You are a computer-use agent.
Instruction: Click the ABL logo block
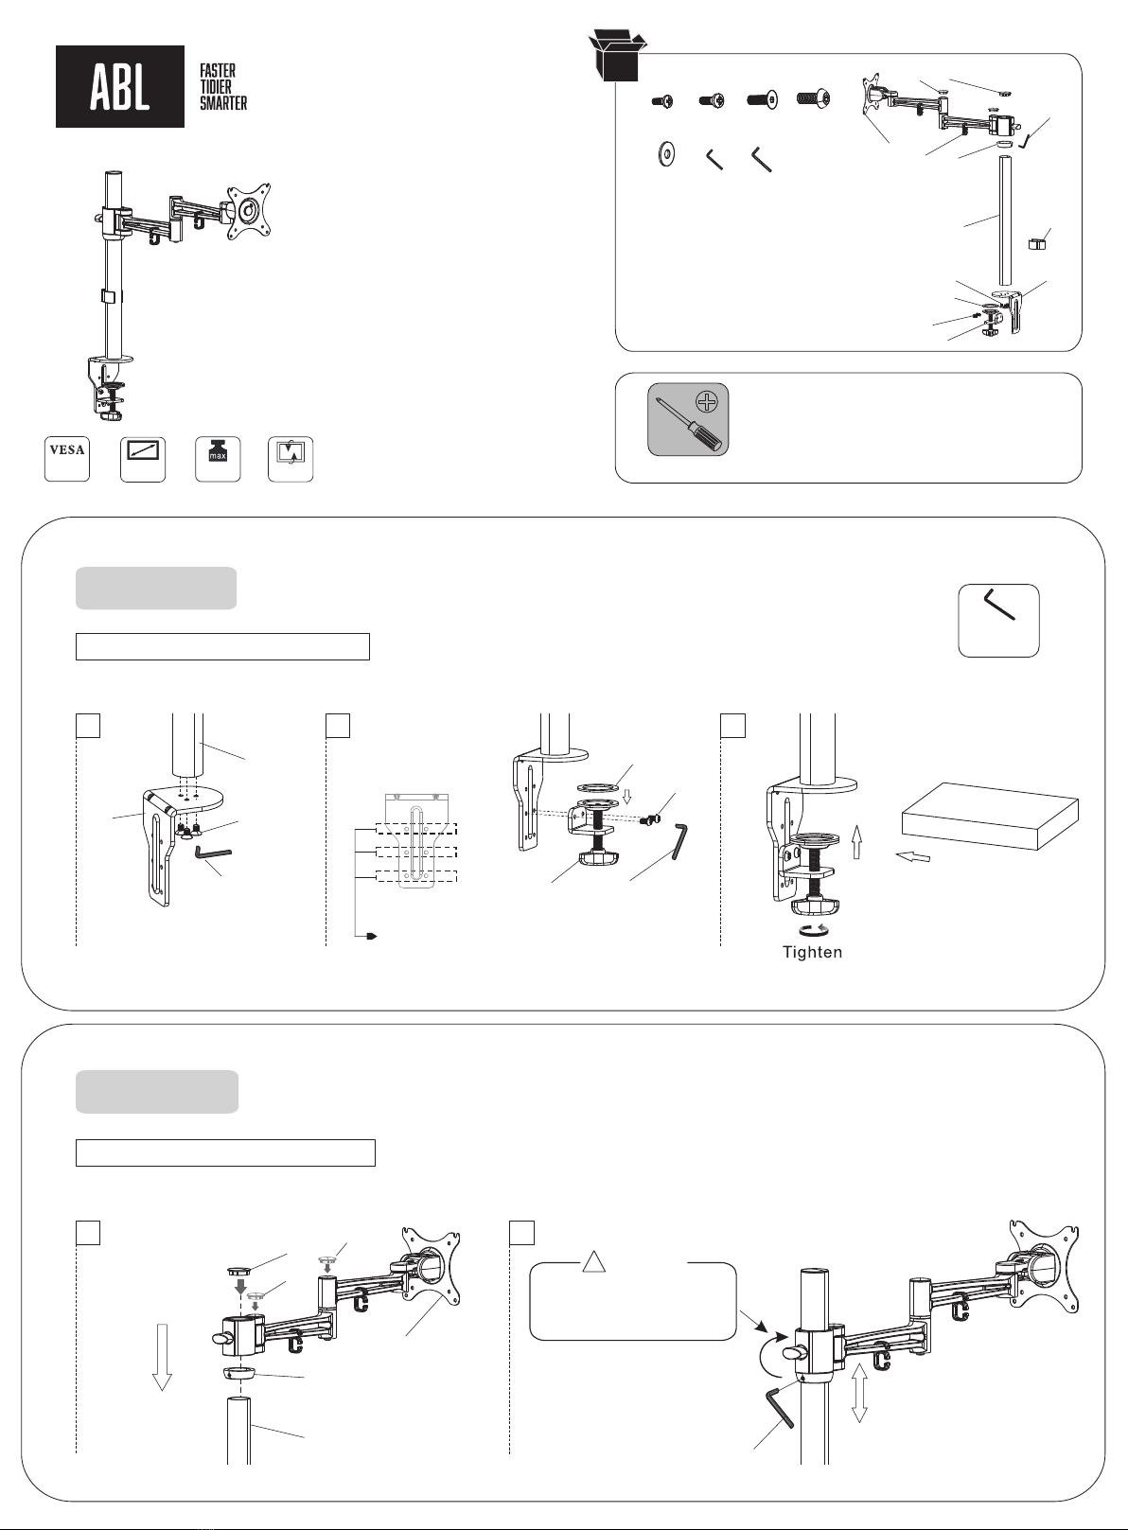120,86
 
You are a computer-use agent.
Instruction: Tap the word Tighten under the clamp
812,952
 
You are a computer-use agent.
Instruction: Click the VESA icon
67,459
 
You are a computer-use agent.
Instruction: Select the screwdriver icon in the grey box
688,419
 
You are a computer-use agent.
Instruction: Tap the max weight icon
217,459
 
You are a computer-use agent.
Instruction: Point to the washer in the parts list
666,154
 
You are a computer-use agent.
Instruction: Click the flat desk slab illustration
990,815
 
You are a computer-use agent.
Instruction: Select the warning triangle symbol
592,1262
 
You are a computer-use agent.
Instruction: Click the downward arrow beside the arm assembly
163,1356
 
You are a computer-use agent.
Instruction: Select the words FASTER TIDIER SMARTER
222,87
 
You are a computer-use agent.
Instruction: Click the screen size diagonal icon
143,459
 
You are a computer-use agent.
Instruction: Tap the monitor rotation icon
291,459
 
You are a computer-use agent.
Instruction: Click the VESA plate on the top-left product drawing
248,210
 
